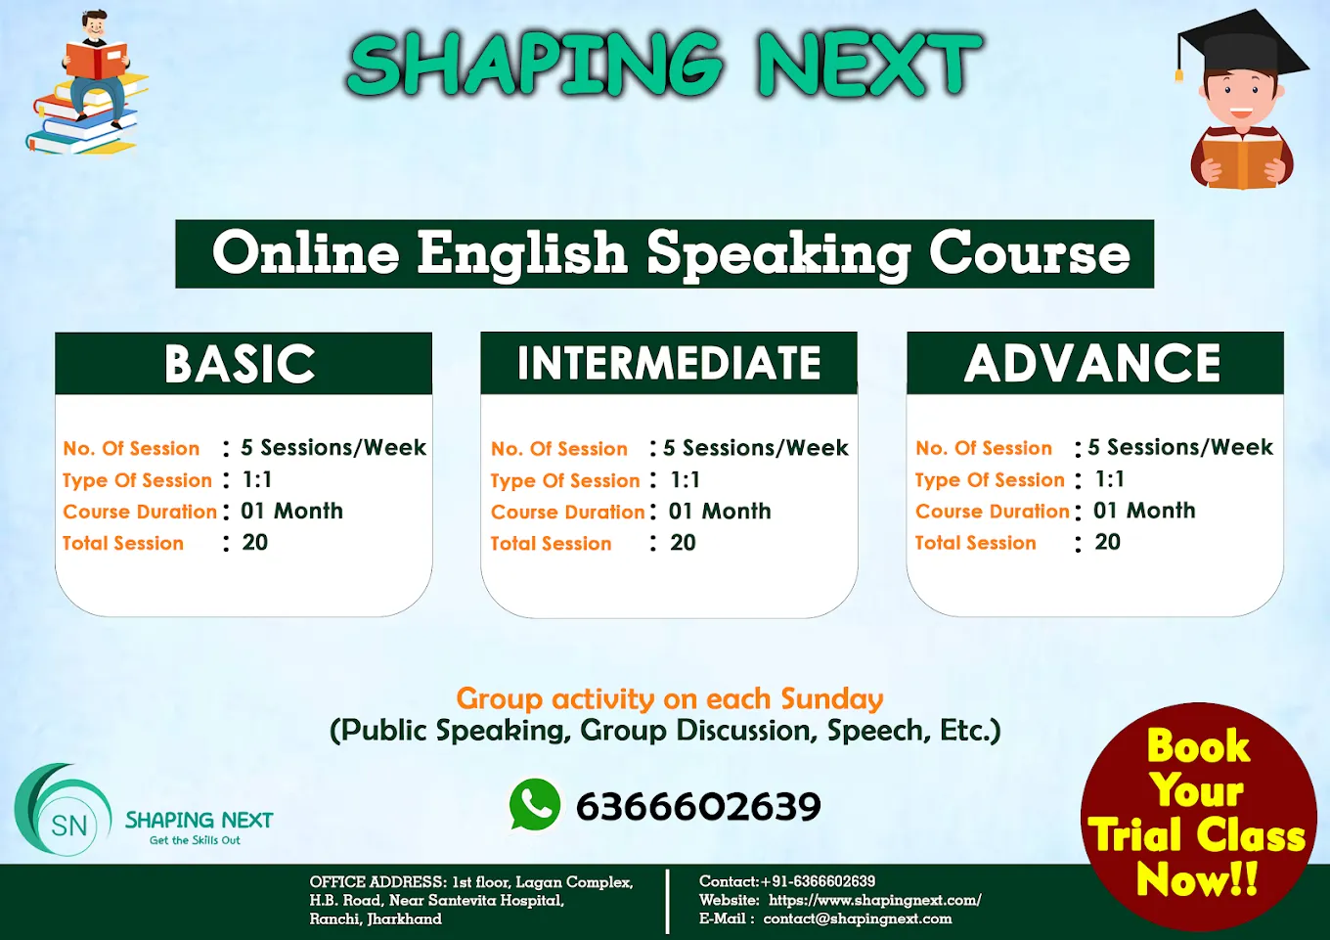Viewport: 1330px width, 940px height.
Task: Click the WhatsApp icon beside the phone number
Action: [x=534, y=805]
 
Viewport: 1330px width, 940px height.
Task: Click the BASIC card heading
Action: [x=240, y=364]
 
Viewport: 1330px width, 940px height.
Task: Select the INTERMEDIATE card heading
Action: [x=669, y=363]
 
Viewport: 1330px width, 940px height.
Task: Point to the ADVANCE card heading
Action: [x=1092, y=363]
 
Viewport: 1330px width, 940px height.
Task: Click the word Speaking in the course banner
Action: [x=778, y=254]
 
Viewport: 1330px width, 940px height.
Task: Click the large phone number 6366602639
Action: [x=698, y=806]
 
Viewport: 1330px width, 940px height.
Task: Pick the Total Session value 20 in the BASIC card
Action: [x=254, y=542]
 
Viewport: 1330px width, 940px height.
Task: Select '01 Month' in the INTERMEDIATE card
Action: [x=720, y=512]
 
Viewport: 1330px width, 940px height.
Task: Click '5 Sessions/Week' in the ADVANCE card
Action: [x=1180, y=447]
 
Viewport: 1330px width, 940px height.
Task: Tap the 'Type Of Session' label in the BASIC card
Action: [x=137, y=480]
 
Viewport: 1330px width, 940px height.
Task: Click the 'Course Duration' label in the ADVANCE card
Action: [x=993, y=512]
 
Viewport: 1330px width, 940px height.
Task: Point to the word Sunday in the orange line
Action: [x=832, y=699]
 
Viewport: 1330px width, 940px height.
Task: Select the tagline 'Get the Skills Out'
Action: [x=195, y=840]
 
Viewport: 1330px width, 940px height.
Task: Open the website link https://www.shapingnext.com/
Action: [x=875, y=900]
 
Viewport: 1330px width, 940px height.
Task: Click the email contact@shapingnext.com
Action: [x=858, y=919]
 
